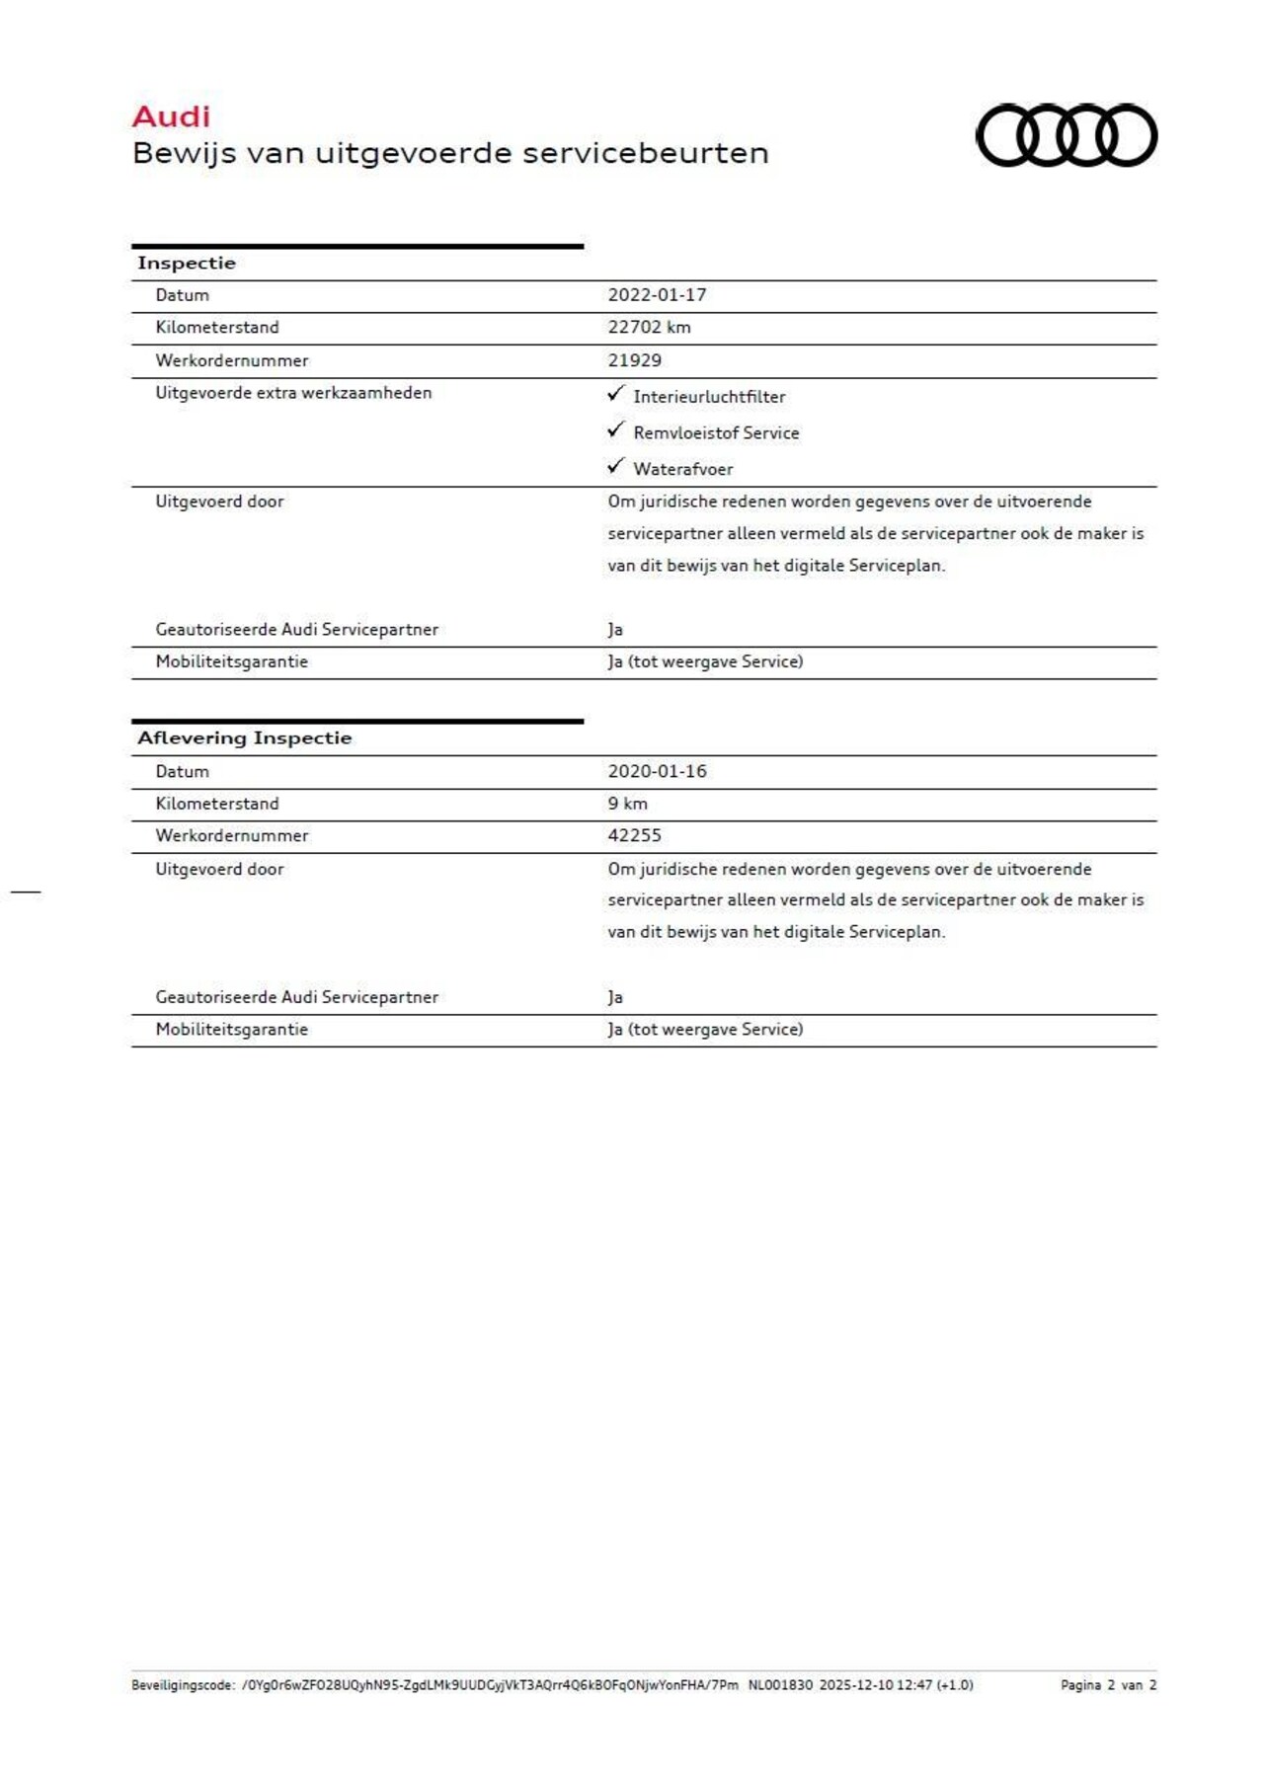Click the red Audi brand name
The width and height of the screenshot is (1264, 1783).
coord(171,116)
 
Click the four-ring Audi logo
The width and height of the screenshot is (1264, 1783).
coord(1066,135)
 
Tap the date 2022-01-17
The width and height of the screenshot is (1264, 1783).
coord(657,295)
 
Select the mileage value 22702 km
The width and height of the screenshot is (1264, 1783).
coord(649,328)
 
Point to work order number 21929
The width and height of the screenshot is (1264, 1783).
coord(634,360)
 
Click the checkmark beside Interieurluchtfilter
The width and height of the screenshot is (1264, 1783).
coord(616,394)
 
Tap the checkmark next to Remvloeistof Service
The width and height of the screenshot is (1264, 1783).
coord(616,429)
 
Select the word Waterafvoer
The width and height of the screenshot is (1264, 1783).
coord(683,469)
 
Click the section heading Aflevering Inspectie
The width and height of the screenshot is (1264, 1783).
coord(244,737)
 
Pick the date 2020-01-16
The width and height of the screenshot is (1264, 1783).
coord(657,771)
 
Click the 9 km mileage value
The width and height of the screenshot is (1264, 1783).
coord(627,804)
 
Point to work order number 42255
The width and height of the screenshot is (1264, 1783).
coord(634,835)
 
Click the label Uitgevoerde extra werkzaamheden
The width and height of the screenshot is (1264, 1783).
coord(293,393)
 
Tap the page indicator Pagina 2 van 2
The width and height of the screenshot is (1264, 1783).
coord(1108,1685)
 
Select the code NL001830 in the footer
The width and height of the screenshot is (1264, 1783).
coord(780,1685)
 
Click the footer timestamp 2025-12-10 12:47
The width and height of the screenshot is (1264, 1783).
coord(875,1685)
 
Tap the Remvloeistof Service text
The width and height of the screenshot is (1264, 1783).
coord(716,432)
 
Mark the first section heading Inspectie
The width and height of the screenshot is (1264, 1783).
coord(187,263)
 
